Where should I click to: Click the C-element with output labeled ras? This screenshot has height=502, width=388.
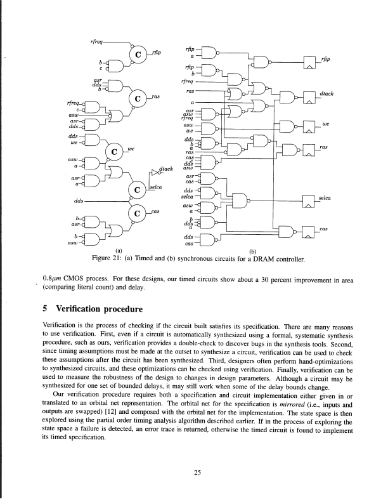click(x=138, y=99)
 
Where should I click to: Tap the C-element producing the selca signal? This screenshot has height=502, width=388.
click(x=137, y=189)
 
